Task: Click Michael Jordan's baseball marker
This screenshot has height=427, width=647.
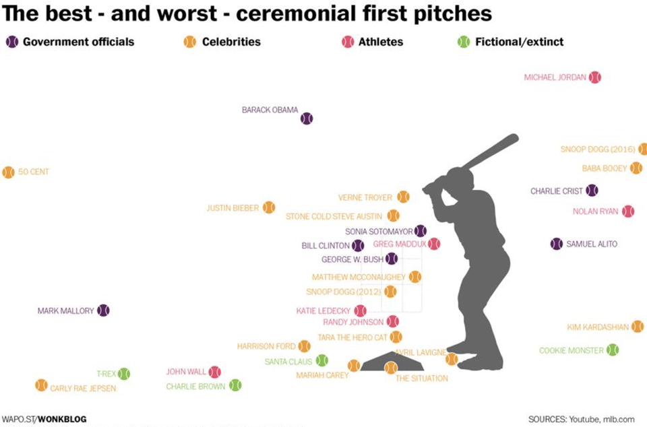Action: pyautogui.click(x=594, y=77)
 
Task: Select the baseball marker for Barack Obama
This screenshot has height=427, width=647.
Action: pyautogui.click(x=307, y=119)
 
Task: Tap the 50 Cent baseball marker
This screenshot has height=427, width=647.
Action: pyautogui.click(x=8, y=172)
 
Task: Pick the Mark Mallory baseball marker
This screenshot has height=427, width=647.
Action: pyautogui.click(x=103, y=310)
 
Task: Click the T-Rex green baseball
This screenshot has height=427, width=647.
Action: pyautogui.click(x=124, y=374)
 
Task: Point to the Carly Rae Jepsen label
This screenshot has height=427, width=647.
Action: pyautogui.click(x=83, y=389)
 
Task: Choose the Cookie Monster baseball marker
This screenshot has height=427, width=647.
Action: pyautogui.click(x=613, y=350)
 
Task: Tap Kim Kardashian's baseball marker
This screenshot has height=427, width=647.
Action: pyautogui.click(x=637, y=327)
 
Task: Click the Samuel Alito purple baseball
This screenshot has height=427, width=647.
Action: pyautogui.click(x=557, y=244)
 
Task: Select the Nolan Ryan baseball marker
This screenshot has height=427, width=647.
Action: pyautogui.click(x=628, y=211)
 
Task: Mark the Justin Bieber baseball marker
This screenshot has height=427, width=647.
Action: pyautogui.click(x=269, y=207)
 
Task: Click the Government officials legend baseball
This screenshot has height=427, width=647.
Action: pyautogui.click(x=12, y=42)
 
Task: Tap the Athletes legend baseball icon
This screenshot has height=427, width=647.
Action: pyautogui.click(x=348, y=42)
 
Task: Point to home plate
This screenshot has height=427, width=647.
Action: pyautogui.click(x=391, y=362)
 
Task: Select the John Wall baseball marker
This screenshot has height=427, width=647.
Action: pyautogui.click(x=215, y=372)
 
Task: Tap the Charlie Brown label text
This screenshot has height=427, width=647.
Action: pyautogui.click(x=195, y=387)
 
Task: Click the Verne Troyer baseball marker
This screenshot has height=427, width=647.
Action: pyautogui.click(x=403, y=197)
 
